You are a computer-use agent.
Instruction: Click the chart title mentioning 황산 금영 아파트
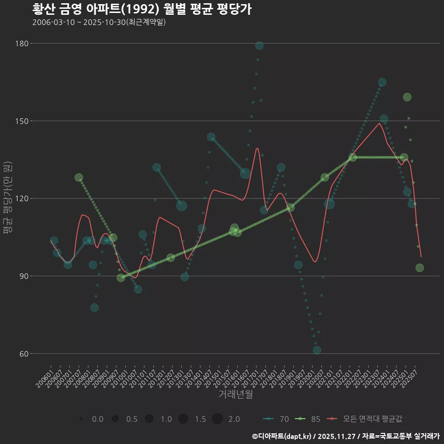142,9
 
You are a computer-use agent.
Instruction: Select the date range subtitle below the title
99,22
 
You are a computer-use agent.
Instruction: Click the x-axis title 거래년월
235,395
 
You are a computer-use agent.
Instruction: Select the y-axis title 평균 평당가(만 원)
7,199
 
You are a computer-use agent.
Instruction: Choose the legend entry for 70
277,419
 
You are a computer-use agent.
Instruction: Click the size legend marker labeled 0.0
81,419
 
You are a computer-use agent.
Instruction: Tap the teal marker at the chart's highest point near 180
259,45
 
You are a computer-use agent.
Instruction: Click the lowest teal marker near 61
317,350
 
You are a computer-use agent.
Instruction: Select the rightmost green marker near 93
419,268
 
